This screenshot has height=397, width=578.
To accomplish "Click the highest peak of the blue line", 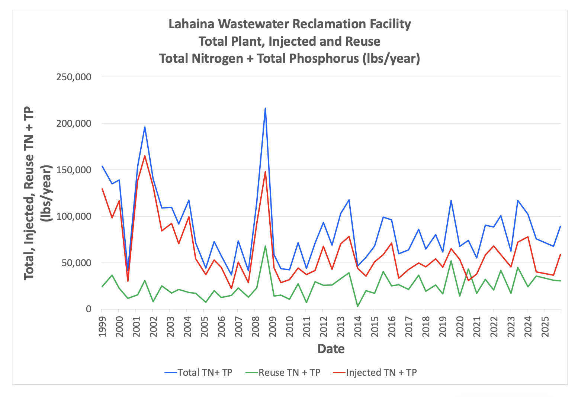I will pos(265,108).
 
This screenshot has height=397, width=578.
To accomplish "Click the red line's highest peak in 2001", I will pos(145,156).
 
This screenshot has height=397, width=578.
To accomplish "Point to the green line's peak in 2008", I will pos(265,246).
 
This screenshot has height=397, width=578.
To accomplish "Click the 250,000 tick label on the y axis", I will pos(74,77).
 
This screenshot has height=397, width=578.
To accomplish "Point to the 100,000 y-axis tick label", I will pos(74,216).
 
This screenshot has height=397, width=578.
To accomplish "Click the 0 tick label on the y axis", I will pos(88,309).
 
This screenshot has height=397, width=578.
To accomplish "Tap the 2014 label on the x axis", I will pos(358,327).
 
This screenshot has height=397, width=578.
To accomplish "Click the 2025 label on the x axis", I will pos(545,327).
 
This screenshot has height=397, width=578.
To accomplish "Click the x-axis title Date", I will pos(331,349).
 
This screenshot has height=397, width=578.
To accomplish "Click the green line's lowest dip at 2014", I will pos(358,306).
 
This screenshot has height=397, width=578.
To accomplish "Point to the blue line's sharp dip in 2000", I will pos(128,270).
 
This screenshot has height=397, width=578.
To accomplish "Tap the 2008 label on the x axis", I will pos(256,327).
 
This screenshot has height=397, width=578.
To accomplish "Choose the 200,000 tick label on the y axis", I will pos(74,123).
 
